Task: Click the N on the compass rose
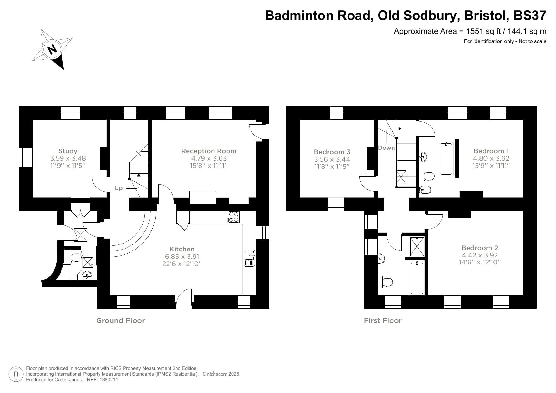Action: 52,49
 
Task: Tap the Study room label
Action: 68,151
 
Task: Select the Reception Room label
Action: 209,151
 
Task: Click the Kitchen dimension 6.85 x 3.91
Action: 182,257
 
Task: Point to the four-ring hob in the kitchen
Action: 234,217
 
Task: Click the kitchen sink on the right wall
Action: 249,258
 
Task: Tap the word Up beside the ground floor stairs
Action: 118,188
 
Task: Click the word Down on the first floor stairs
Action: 386,148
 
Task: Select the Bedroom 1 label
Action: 491,151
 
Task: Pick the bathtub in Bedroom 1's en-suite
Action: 446,158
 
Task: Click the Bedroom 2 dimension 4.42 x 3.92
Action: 480,255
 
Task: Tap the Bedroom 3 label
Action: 332,152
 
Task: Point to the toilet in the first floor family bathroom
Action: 386,282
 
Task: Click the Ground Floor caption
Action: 120,320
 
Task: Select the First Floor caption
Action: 383,320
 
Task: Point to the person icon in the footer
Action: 16,374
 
